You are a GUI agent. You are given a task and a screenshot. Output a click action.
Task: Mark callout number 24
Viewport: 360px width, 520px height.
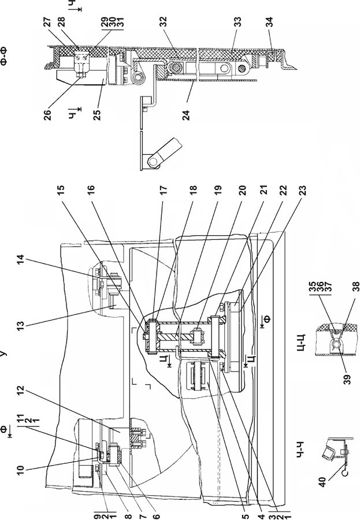point(187,115)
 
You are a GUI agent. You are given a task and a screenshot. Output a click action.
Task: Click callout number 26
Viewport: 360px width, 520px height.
point(49,115)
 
